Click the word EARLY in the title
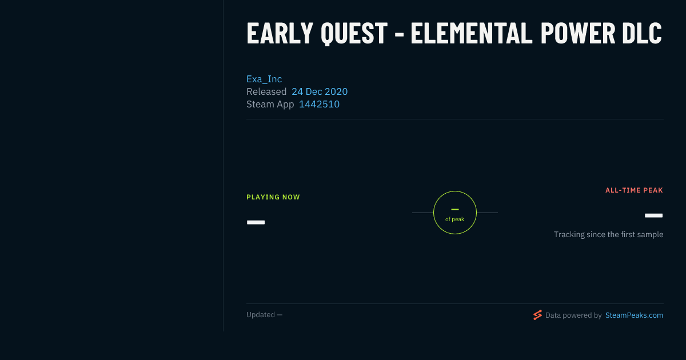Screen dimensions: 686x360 pos(280,33)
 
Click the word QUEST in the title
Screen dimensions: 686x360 pos(354,34)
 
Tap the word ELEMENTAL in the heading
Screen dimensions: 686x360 pos(471,33)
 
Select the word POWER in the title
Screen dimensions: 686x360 pos(577,33)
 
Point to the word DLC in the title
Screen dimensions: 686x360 pos(642,33)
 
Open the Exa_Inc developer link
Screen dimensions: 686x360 pos(264,79)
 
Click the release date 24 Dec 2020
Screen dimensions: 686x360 pos(320,91)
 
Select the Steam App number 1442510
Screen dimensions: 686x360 pos(319,105)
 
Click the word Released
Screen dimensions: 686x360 pos(266,91)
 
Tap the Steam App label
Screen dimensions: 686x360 pos(270,105)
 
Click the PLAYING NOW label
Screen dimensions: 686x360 pos(273,197)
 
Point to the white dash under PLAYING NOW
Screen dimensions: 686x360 pos(256,222)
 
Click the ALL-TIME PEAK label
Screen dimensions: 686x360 pos(634,190)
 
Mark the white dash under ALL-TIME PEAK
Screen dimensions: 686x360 pos(653,215)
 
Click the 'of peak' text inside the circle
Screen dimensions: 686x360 pos(455,219)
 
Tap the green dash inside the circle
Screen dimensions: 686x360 pos(455,209)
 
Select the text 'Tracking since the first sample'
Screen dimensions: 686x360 pos(608,234)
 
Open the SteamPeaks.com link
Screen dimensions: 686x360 pos(634,315)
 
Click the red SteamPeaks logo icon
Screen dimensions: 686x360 pos(537,315)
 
